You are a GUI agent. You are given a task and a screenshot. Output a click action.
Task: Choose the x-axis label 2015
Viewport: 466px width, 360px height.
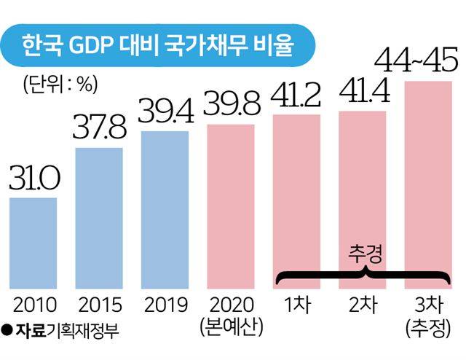pyautogui.click(x=98, y=303)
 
